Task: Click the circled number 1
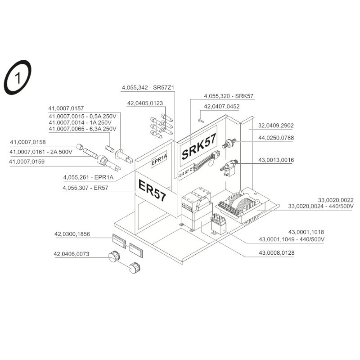18,79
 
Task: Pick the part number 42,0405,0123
145,103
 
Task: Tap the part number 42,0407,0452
222,107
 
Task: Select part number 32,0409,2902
276,125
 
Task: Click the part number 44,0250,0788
276,138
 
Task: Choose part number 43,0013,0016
276,160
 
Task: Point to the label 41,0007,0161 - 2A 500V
41,152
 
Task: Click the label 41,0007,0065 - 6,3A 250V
82,129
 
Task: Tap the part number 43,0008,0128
276,253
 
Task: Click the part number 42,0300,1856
72,234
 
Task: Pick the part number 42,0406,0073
72,254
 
